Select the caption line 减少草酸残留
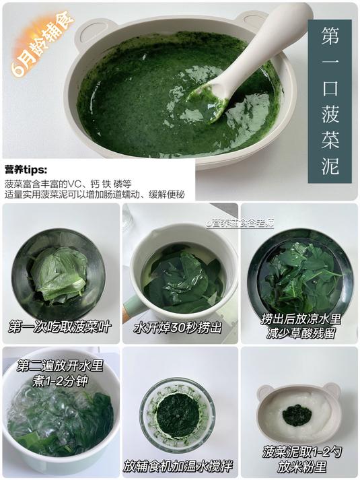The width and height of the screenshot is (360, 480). (x=299, y=333)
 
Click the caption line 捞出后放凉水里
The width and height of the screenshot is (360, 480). (x=299, y=318)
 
